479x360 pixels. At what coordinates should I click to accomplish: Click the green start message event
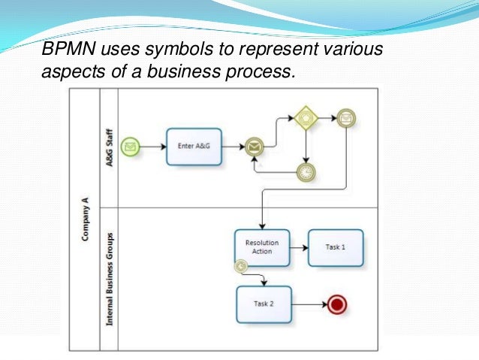[131, 146]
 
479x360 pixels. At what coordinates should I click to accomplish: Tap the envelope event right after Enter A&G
[255, 147]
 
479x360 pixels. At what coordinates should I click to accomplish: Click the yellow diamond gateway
[306, 118]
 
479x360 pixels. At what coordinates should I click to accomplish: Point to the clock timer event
[306, 172]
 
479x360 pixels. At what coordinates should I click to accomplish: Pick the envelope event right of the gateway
[345, 118]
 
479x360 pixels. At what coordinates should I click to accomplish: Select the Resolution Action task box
[261, 247]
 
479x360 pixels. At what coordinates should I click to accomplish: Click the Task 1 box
[336, 247]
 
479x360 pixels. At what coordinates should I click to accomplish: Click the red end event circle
[337, 304]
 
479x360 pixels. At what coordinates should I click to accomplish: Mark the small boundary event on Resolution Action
[241, 265]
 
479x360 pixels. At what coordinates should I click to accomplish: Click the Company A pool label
[84, 219]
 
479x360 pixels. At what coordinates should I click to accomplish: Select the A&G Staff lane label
[110, 147]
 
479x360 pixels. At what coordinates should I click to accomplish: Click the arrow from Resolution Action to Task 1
[299, 247]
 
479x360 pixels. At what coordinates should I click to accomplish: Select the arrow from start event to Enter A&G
[152, 146]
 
